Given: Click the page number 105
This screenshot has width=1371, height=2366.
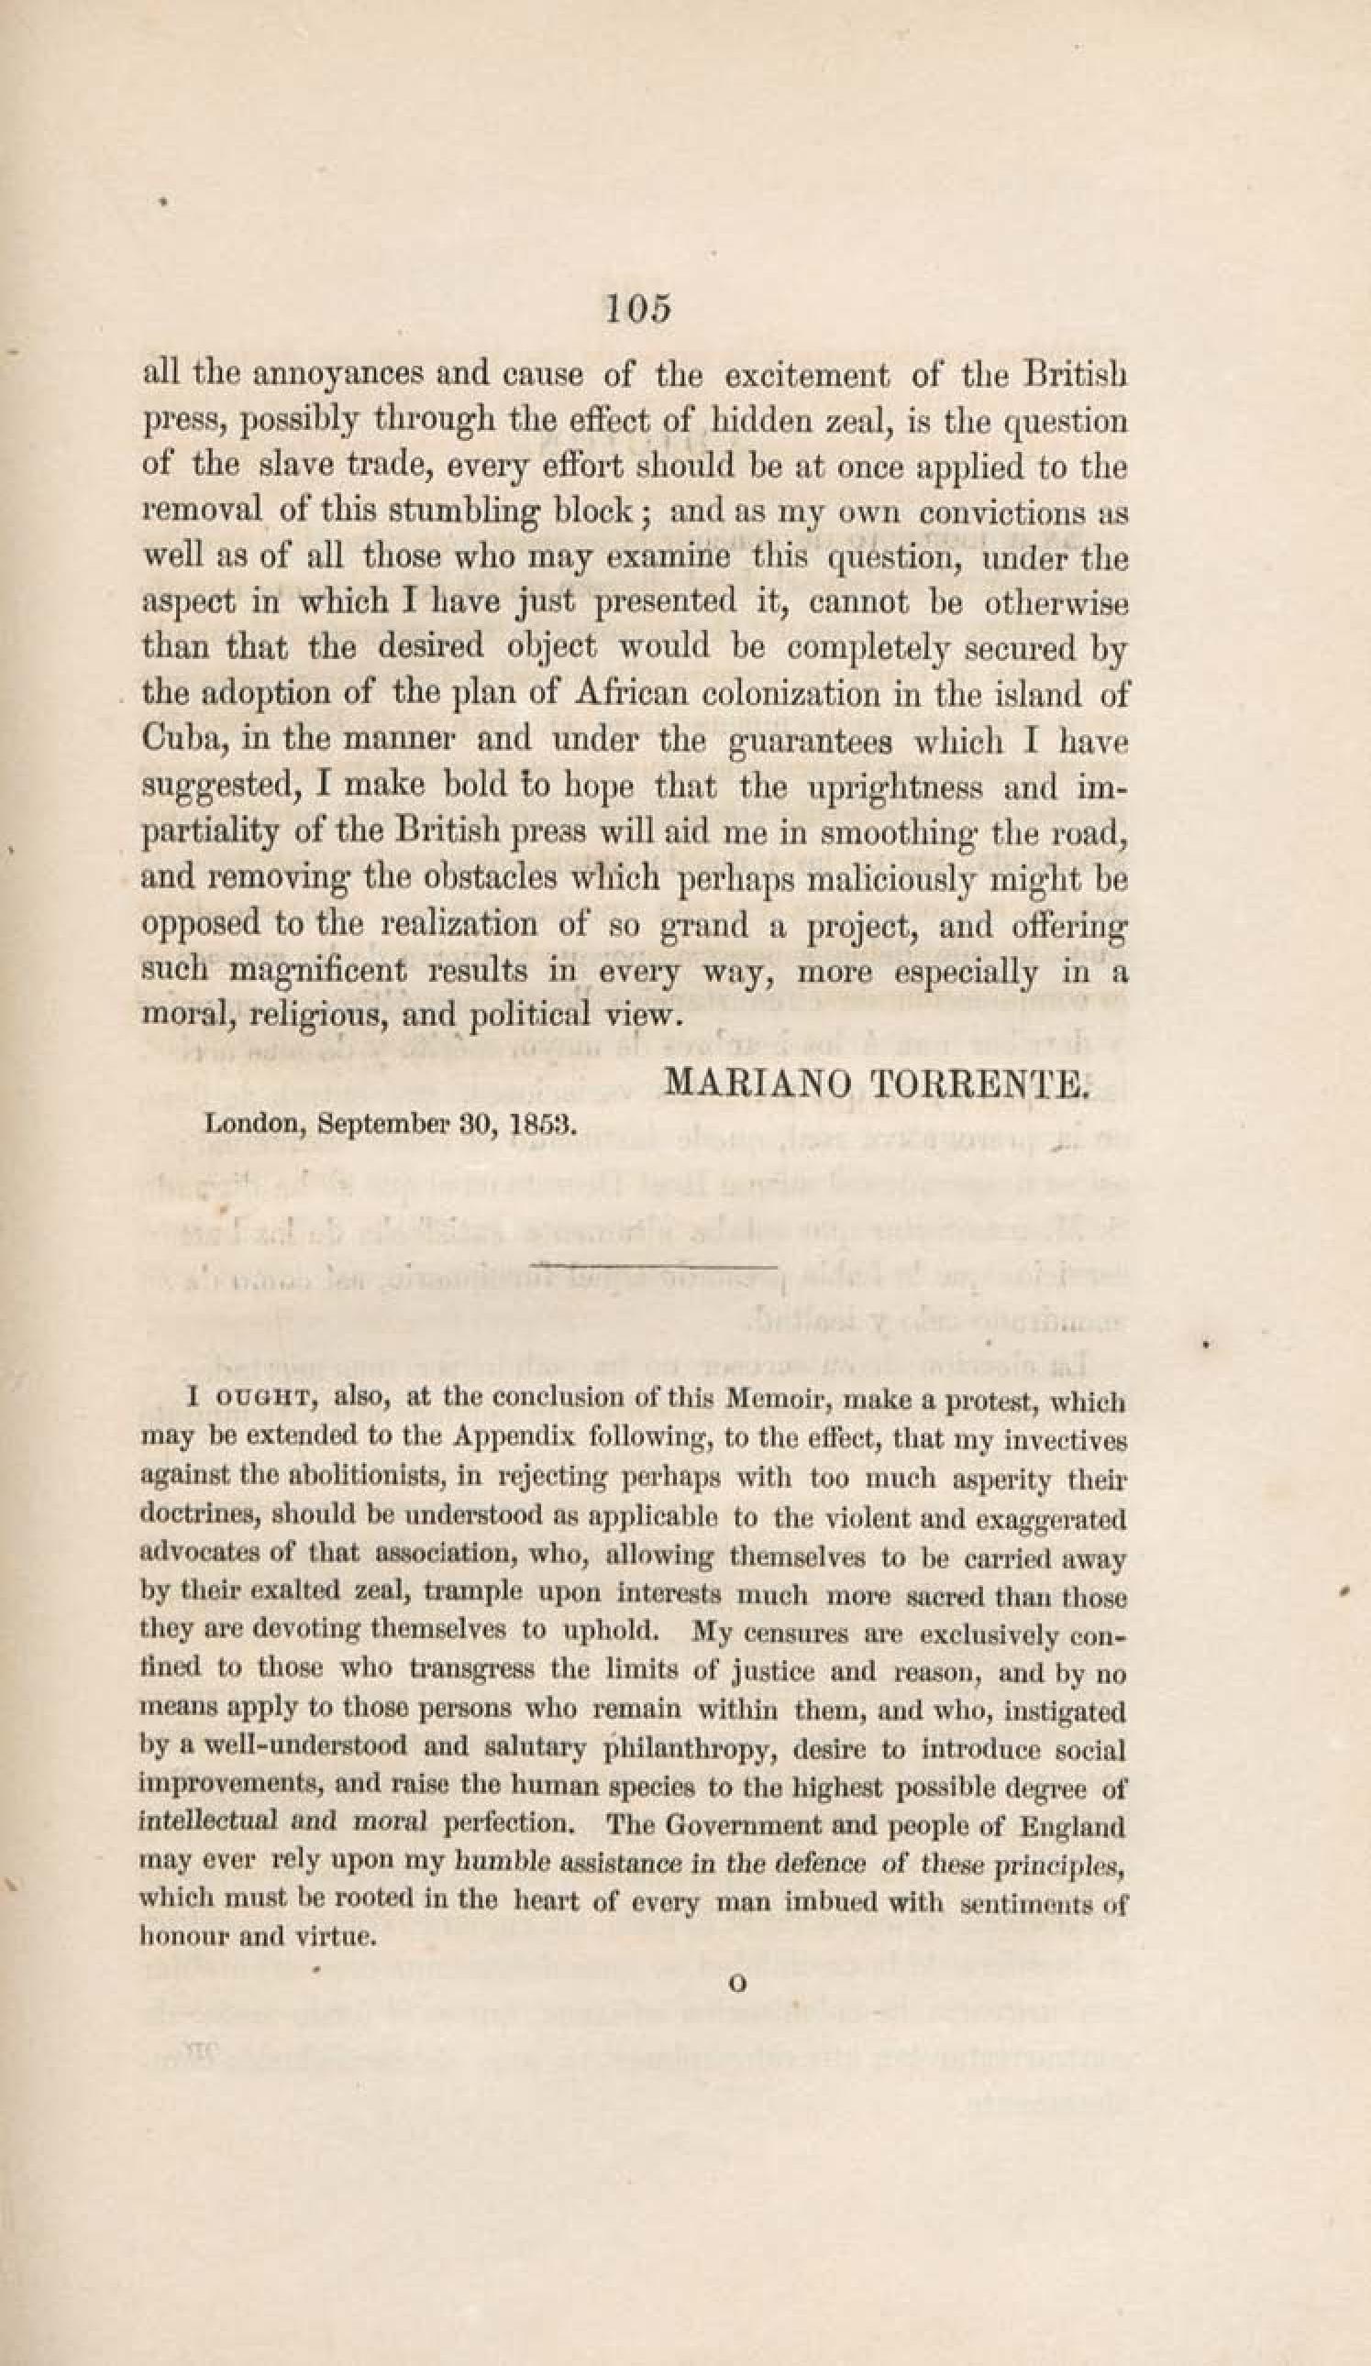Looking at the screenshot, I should point(638,309).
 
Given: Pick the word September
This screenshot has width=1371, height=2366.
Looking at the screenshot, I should point(386,1125).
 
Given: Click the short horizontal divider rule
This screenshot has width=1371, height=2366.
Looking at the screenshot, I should point(655,1267).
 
